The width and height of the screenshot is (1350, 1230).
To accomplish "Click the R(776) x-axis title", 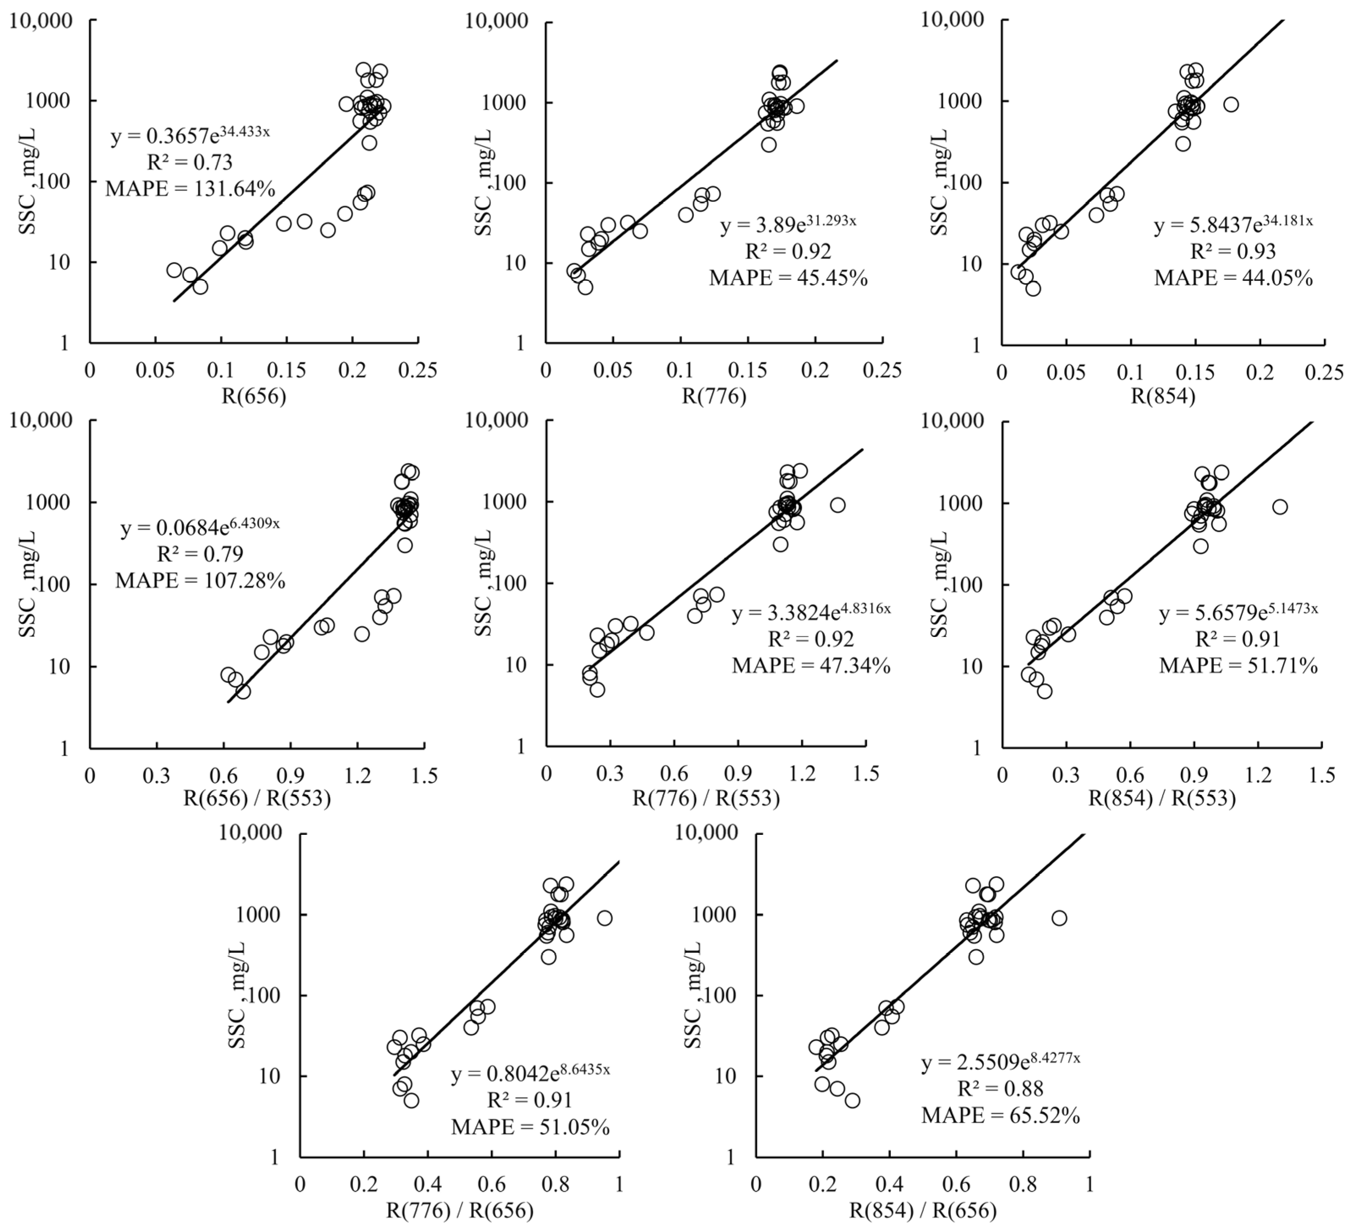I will coord(714,397).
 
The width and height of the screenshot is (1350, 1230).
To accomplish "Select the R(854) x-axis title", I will coord(1163,397).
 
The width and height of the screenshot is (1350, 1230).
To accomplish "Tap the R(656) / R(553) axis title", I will coord(257,798).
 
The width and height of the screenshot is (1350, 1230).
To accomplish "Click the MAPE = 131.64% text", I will coord(190,189).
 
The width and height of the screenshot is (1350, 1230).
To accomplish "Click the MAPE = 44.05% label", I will coord(1233,277).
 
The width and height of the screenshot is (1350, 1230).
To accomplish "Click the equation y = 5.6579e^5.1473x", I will coord(1238,612).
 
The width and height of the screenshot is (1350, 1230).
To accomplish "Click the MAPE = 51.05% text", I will coord(530,1128).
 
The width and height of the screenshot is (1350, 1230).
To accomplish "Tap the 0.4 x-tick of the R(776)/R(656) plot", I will coord(427,1184).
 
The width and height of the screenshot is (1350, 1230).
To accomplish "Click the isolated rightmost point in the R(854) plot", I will coord(1231,104).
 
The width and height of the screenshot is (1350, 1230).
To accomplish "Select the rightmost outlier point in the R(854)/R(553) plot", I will coord(1280,507).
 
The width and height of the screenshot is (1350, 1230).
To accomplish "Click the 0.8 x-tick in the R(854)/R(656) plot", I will coord(1023,1184).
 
